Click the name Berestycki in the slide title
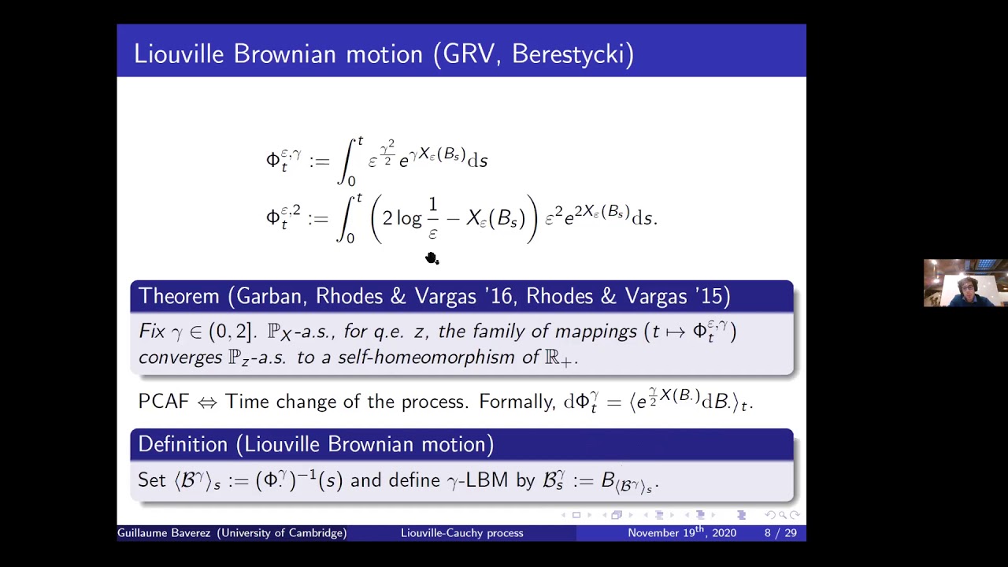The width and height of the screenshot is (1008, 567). [x=573, y=54]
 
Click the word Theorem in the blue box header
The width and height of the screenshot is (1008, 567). [x=179, y=296]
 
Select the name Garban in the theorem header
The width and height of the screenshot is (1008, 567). [x=270, y=296]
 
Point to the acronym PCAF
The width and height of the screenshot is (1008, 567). [x=164, y=402]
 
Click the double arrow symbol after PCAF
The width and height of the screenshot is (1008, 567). [x=207, y=402]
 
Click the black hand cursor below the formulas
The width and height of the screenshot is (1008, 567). [x=432, y=258]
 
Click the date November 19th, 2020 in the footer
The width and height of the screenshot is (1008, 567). [x=681, y=533]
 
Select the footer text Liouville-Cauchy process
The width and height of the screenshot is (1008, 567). [x=461, y=533]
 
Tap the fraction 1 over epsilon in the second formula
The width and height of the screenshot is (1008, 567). [x=432, y=218]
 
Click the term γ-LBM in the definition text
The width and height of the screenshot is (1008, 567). [x=477, y=480]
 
